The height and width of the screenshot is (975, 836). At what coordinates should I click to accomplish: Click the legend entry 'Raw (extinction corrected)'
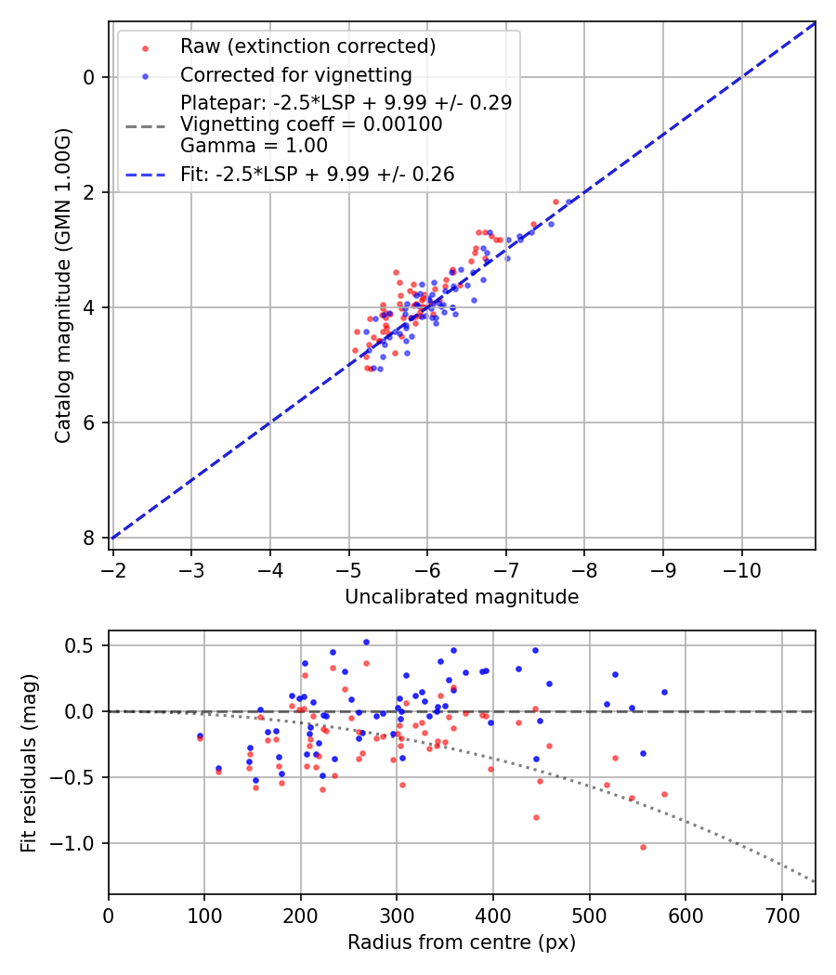[307, 46]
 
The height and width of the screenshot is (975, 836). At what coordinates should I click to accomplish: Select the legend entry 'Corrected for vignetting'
[295, 75]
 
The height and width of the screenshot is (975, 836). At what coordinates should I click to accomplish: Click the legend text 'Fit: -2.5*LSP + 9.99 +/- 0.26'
[317, 175]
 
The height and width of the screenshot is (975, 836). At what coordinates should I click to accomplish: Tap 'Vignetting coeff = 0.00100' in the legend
[311, 124]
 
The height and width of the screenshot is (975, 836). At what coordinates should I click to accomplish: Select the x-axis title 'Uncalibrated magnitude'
[462, 597]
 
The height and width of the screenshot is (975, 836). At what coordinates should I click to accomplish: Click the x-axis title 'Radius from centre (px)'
[462, 942]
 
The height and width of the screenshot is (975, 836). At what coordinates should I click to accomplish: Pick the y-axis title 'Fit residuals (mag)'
[29, 762]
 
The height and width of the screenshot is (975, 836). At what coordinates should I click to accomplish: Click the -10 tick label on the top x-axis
[741, 567]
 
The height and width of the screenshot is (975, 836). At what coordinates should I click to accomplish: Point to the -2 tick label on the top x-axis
[113, 567]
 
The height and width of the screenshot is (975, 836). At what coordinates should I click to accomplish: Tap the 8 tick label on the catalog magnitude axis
[90, 539]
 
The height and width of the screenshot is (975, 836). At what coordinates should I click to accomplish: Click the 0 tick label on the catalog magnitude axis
[90, 77]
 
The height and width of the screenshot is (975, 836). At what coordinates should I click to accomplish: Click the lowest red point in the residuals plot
[642, 847]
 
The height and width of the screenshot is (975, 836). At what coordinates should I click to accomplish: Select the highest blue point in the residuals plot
[366, 642]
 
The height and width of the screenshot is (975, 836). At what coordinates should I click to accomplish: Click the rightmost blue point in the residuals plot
[664, 692]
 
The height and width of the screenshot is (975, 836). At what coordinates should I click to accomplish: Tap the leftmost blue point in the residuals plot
[200, 735]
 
